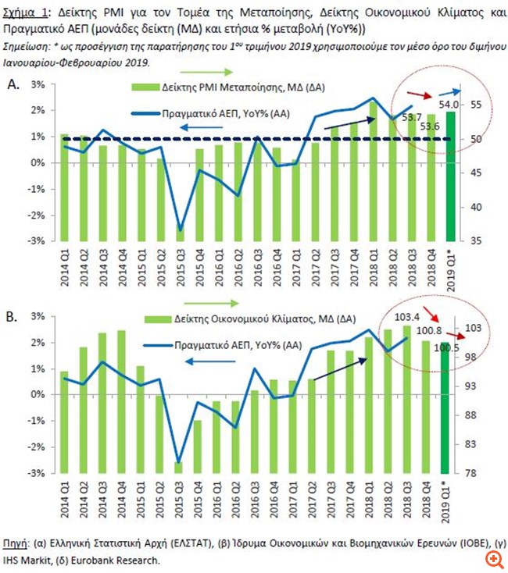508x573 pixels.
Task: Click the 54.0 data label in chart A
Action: click(449, 103)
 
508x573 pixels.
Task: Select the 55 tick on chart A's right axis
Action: click(476, 105)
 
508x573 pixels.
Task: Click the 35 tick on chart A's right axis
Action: click(476, 241)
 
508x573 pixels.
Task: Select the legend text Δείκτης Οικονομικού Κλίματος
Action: click(251, 319)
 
